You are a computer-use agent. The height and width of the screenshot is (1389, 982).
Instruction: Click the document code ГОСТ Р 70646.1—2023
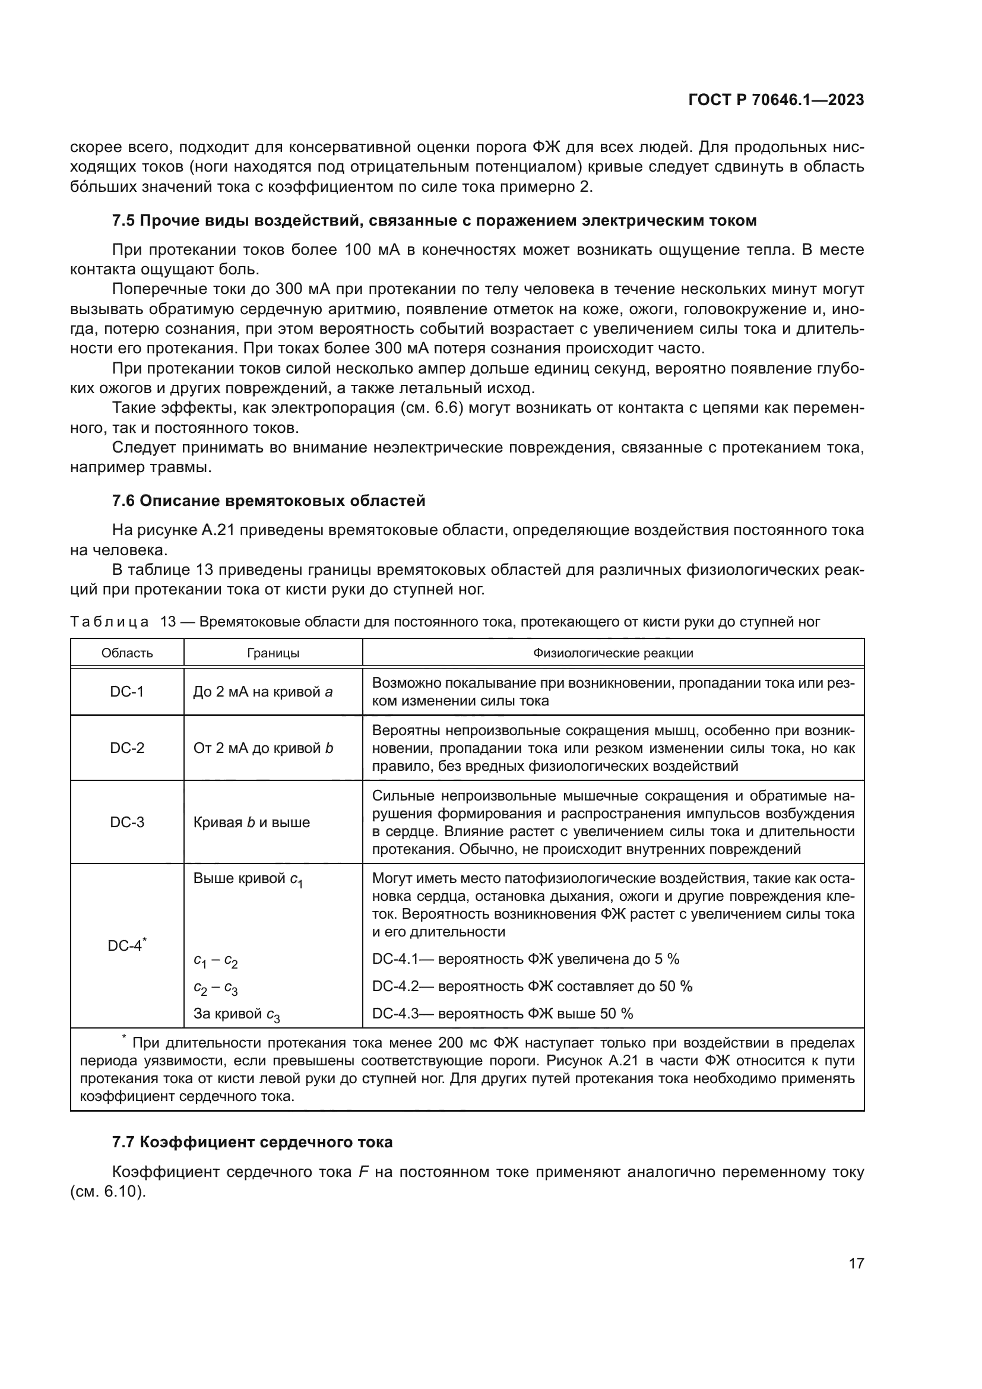776,100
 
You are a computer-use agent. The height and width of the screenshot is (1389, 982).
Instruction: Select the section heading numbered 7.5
434,221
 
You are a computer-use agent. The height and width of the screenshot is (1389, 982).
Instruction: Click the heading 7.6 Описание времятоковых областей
268,501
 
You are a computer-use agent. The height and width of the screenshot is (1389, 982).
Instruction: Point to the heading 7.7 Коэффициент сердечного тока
252,1142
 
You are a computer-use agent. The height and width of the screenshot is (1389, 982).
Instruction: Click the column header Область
127,653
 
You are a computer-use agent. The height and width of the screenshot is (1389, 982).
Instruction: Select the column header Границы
273,653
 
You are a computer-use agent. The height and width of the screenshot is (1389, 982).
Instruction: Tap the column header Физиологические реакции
613,653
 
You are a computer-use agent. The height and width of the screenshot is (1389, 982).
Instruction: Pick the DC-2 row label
127,748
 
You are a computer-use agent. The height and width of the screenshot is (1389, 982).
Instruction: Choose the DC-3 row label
127,822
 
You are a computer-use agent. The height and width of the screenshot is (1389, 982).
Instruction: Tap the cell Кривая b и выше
252,822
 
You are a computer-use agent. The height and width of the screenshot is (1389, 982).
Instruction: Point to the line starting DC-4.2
532,987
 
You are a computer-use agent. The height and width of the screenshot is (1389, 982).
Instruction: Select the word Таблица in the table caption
109,622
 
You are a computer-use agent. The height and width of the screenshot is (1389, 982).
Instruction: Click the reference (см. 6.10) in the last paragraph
108,1192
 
